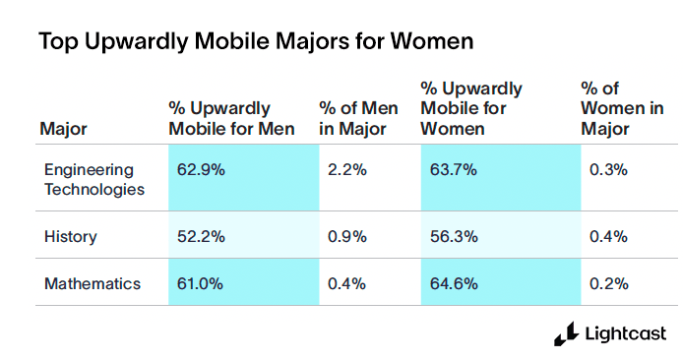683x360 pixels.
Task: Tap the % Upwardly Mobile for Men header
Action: [x=231, y=118]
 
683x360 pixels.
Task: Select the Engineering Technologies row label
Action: [x=94, y=179]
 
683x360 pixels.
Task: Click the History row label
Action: [x=70, y=236]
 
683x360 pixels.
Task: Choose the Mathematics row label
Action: [x=93, y=283]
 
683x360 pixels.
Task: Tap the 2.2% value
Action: [x=346, y=170]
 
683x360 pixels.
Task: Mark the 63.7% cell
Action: [x=454, y=170]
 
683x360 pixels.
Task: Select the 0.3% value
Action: [x=608, y=170]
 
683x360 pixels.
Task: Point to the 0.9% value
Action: [x=346, y=236]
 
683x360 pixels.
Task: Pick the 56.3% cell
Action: [x=454, y=236]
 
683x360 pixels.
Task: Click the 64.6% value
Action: [x=454, y=283]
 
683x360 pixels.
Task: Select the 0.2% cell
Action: [x=608, y=283]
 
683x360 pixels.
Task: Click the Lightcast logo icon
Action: [x=565, y=334]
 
